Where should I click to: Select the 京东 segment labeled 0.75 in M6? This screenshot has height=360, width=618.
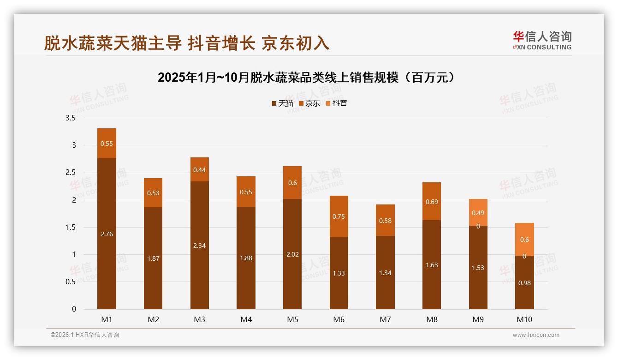339,216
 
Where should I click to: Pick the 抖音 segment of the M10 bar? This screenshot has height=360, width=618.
524,239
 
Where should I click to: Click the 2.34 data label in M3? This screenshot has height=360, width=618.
200,246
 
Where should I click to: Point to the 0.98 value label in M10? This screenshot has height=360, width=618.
524,283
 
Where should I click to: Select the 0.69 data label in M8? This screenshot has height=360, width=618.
432,202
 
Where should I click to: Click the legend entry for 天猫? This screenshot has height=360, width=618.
282,103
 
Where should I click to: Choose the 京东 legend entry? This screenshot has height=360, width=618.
309,103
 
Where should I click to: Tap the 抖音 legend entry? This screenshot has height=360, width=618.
336,103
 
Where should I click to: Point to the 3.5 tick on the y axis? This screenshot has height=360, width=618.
71,118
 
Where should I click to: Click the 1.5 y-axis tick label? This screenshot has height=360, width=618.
71,227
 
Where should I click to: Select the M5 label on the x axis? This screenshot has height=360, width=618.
292,319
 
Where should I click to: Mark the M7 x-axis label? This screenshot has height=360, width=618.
385,319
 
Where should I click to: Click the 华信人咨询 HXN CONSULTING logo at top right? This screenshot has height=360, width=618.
542,40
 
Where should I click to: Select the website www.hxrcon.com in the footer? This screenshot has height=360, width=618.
536,335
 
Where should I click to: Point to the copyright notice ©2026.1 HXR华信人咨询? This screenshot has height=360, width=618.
85,335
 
